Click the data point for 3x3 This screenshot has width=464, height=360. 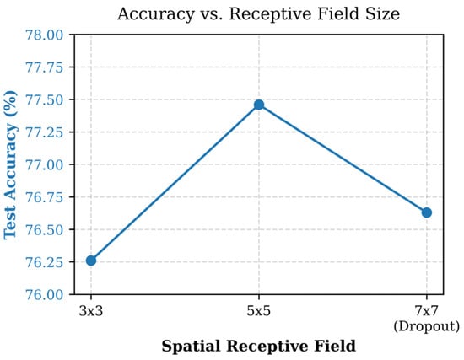[91, 261]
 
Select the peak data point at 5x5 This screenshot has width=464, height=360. [259, 105]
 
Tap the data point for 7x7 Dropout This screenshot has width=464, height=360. [427, 212]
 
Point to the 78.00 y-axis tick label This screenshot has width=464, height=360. [45, 35]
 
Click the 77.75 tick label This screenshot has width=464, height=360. [45, 67]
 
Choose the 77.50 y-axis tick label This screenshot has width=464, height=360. [45, 99]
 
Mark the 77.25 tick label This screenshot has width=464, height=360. [45, 132]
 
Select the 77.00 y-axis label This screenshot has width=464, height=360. [45, 164]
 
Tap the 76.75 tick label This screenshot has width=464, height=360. [45, 197]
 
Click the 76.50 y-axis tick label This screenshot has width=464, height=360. [45, 229]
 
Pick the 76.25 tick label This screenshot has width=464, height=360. [45, 262]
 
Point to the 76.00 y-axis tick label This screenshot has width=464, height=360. [45, 294]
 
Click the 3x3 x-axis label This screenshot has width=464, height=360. [91, 311]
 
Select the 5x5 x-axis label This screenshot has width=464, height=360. [259, 311]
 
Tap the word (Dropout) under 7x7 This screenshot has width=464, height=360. [426, 326]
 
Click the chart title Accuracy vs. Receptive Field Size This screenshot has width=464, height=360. [258, 13]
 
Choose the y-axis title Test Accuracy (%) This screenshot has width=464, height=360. [11, 164]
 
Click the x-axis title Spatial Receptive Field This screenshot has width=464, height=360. [259, 347]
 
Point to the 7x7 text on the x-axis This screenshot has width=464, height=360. [426, 311]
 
